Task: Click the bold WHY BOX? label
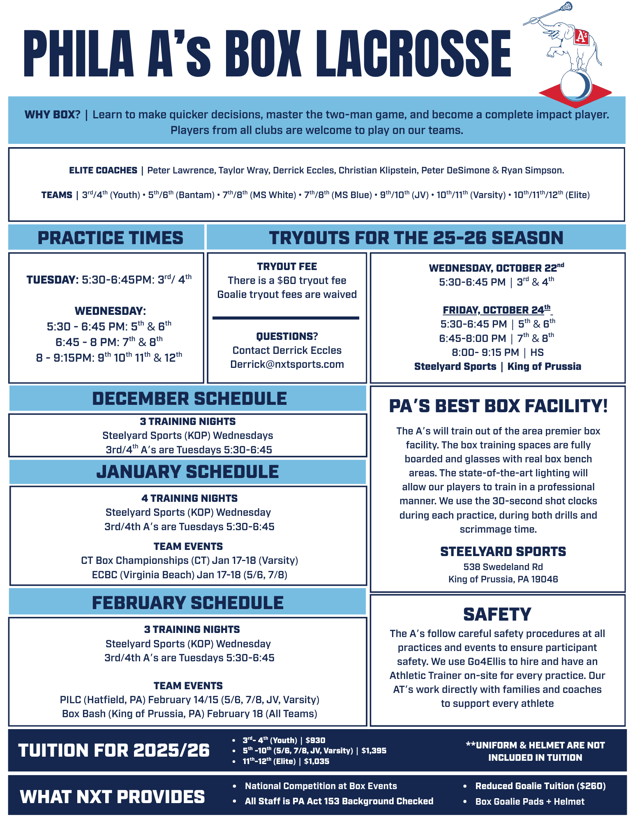53,115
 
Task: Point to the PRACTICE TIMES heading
110,238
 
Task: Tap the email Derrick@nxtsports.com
287,365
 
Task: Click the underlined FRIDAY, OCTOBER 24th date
496,310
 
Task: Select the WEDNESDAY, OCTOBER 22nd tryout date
496,268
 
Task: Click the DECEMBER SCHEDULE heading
189,399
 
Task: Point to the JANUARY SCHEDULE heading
187,472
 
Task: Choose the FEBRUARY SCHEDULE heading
188,603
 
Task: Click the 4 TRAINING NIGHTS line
189,499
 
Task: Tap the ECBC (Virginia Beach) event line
189,575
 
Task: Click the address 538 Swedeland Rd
503,567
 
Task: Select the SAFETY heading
497,614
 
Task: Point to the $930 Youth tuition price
315,741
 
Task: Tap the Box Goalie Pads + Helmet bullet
530,801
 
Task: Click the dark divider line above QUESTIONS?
286,318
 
